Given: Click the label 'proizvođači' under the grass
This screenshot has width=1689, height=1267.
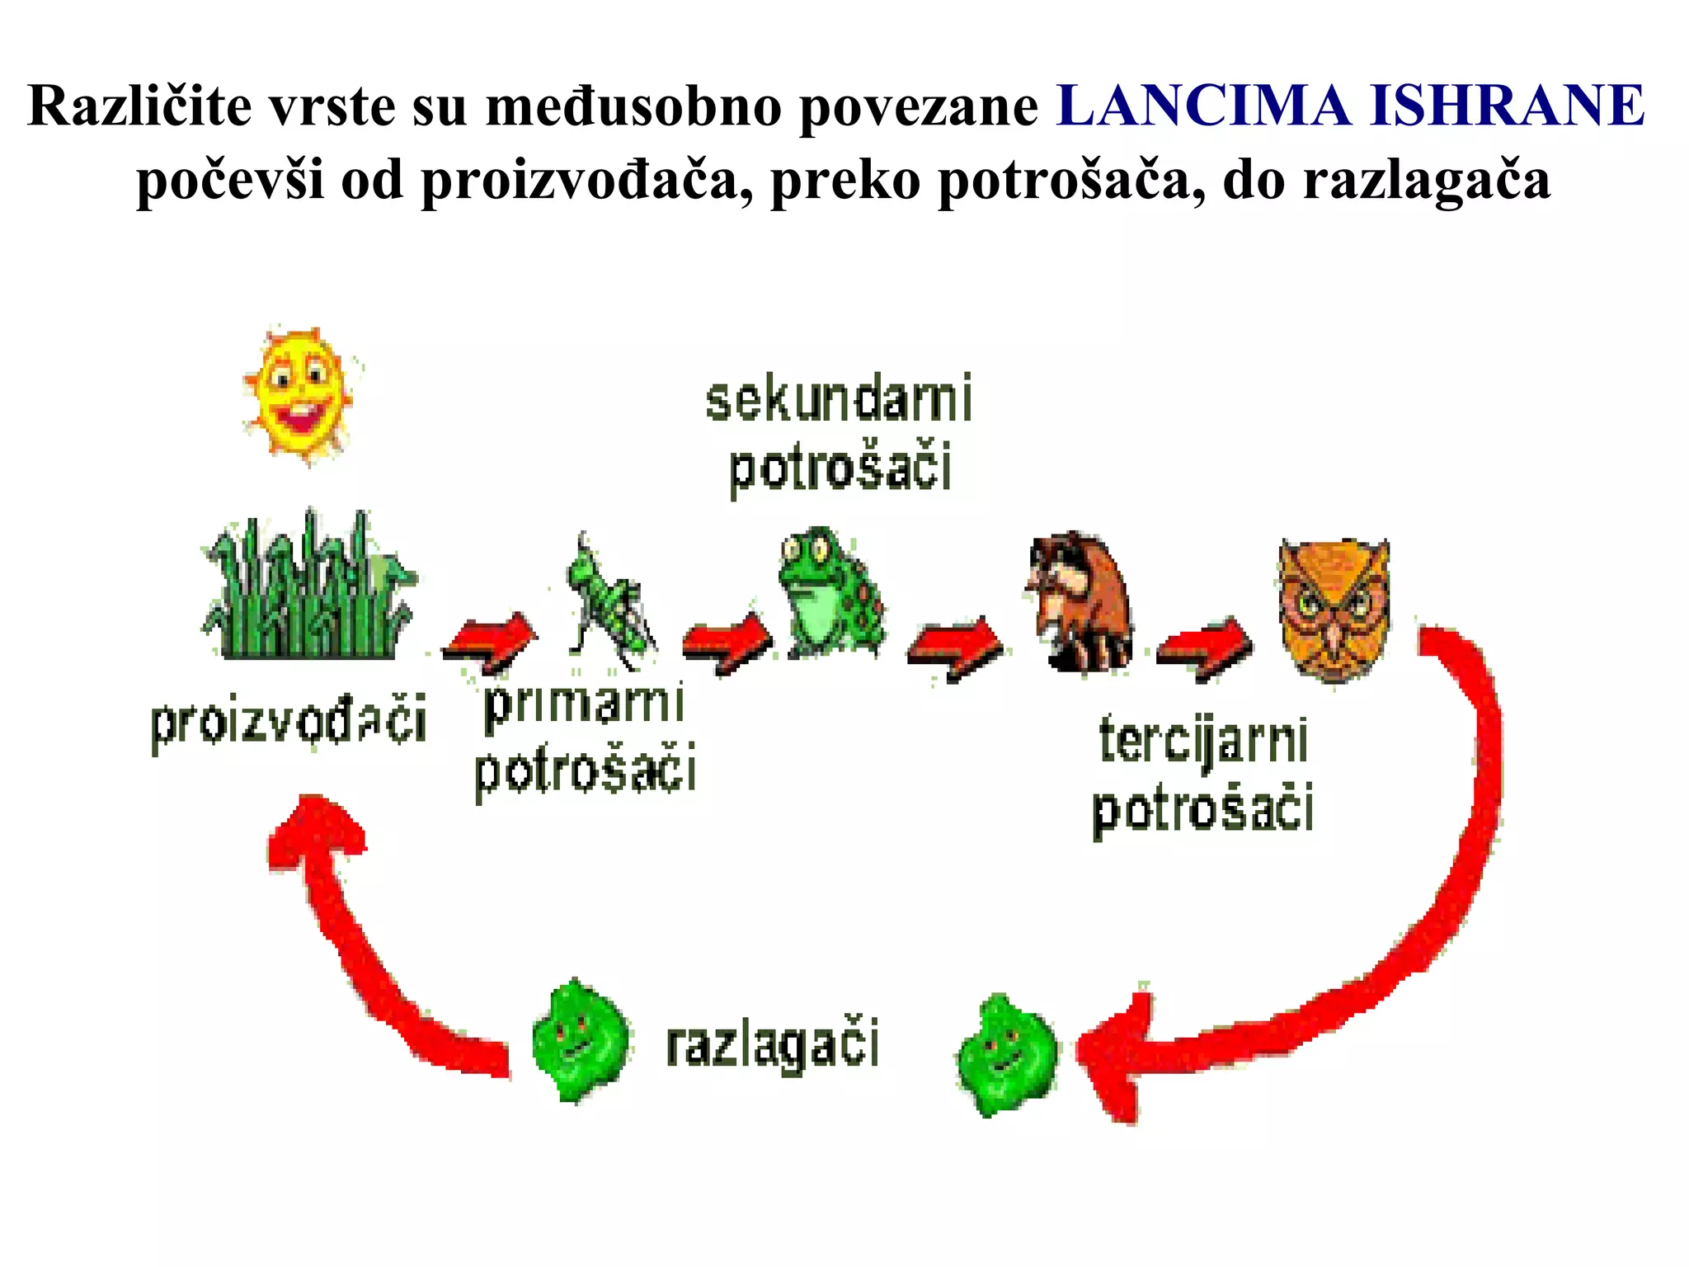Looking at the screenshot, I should tap(289, 722).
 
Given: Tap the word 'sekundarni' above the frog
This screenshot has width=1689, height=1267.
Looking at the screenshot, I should tap(839, 400).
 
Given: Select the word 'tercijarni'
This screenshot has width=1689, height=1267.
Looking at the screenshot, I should tap(1204, 741).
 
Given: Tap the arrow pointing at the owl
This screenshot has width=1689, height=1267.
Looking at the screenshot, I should tap(1204, 648).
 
